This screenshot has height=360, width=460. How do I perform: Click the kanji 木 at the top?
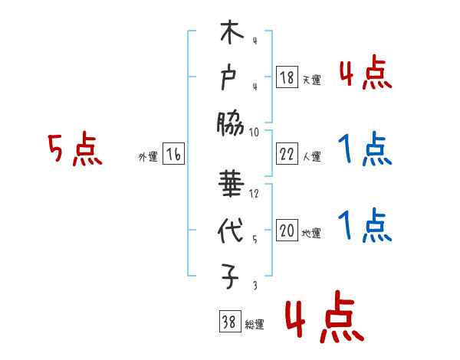(x=231, y=34)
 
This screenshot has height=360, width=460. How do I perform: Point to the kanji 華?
(x=231, y=187)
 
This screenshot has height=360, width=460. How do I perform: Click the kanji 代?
(x=231, y=232)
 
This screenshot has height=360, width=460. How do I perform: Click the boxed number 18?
(x=286, y=78)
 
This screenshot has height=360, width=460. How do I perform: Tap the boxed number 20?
(x=286, y=231)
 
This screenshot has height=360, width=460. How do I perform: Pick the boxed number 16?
(x=173, y=155)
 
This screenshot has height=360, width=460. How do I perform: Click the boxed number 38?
(x=228, y=322)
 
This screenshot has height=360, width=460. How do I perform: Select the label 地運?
(x=311, y=234)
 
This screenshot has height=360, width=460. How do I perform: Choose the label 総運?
(x=254, y=325)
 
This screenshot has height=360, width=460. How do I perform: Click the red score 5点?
(x=74, y=149)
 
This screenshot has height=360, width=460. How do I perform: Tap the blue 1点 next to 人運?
(x=364, y=149)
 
